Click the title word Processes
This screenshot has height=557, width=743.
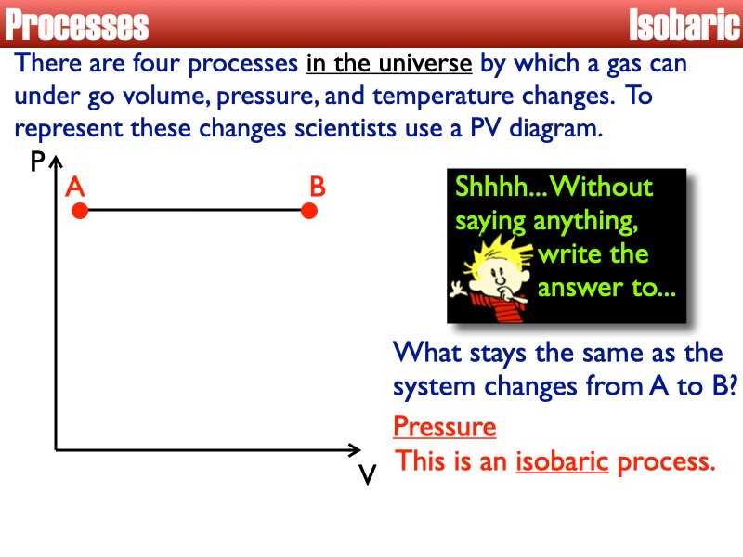click(77, 25)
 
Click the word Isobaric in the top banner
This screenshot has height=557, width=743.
click(684, 25)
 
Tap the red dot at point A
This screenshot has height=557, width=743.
click(80, 212)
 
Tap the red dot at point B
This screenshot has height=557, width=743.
click(310, 212)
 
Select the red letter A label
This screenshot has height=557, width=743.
click(75, 187)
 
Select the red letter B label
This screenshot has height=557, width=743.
click(318, 187)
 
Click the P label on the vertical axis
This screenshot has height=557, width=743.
click(37, 163)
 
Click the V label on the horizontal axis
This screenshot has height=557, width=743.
click(367, 475)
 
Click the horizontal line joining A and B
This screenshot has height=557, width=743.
click(195, 212)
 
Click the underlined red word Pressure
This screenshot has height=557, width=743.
click(444, 427)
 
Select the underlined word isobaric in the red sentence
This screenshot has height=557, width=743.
click(562, 461)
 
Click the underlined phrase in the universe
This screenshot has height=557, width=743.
click(389, 65)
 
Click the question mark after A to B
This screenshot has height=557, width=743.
click(731, 386)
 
